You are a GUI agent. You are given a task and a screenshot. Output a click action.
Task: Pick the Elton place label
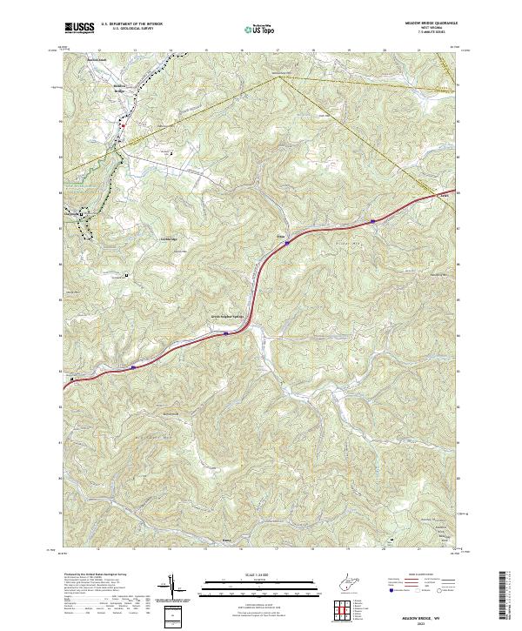coord(281,236)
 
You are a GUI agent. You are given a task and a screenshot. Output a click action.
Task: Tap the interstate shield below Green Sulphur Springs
coord(226,332)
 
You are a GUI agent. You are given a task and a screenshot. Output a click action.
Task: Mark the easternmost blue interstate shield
coord(372,221)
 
